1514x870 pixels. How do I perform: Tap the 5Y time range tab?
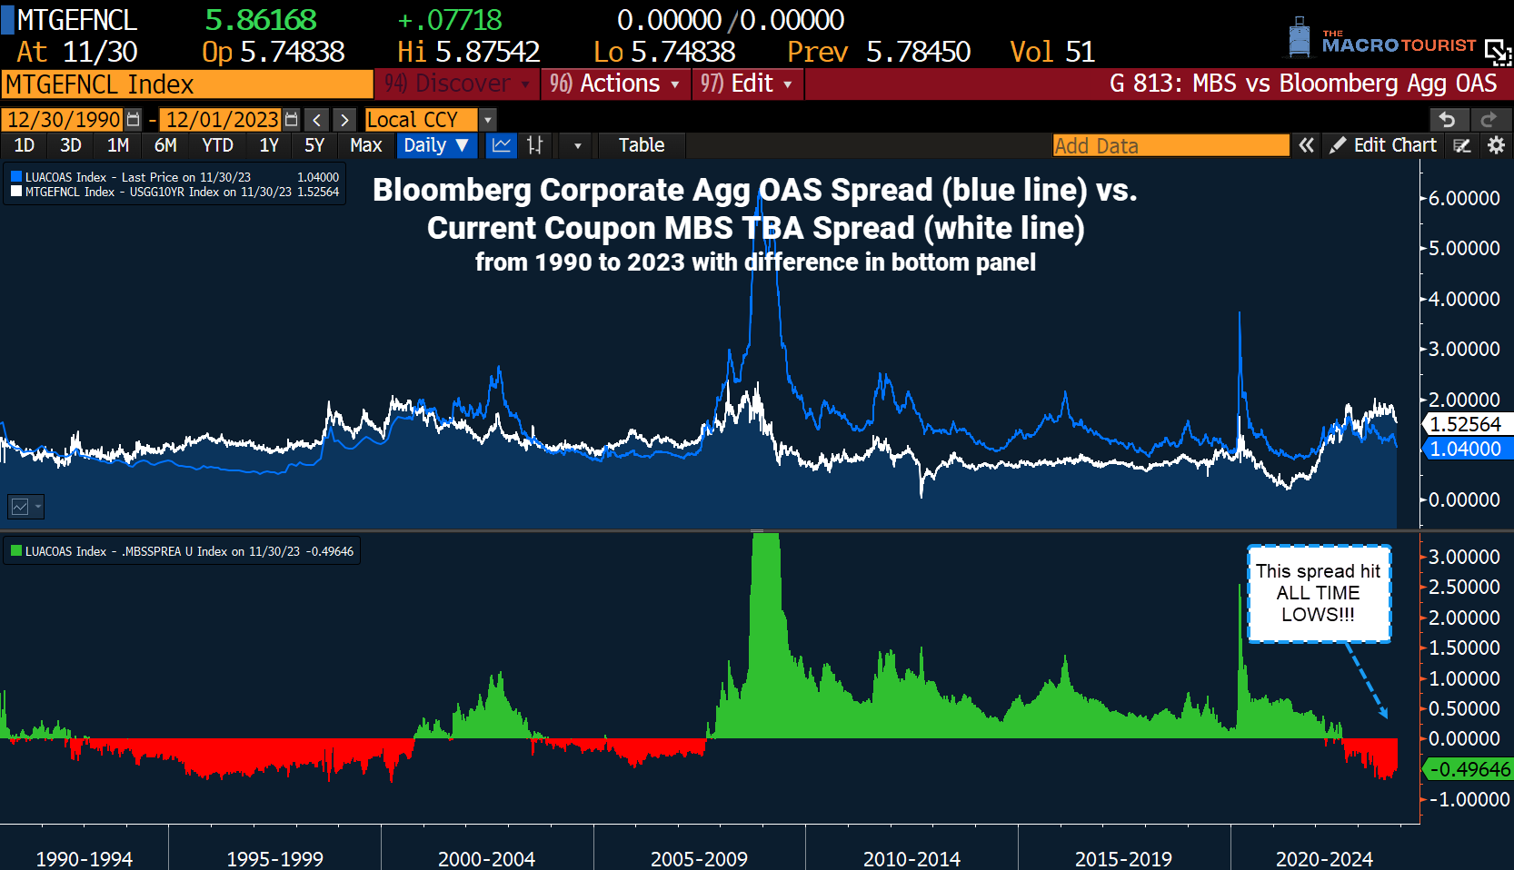click(314, 145)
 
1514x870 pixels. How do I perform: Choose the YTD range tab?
click(217, 145)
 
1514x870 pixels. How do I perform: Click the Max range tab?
click(365, 145)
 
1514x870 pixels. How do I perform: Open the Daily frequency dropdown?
click(436, 145)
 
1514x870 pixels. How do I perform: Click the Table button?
click(641, 145)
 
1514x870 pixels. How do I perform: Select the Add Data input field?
click(1170, 145)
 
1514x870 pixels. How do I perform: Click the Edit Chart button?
click(1384, 145)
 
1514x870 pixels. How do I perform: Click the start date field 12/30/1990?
click(64, 120)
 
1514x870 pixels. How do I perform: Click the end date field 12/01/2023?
click(222, 120)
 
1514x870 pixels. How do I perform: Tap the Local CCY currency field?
click(421, 120)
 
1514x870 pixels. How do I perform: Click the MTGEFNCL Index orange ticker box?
click(186, 84)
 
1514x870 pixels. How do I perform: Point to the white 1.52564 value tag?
click(1465, 424)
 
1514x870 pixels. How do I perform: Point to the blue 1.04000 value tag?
click(1465, 449)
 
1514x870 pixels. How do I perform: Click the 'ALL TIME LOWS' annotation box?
click(1319, 593)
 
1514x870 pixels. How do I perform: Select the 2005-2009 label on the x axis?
click(699, 858)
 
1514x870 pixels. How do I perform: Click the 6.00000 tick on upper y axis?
click(1464, 198)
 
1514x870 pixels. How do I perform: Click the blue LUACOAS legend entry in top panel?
click(136, 177)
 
